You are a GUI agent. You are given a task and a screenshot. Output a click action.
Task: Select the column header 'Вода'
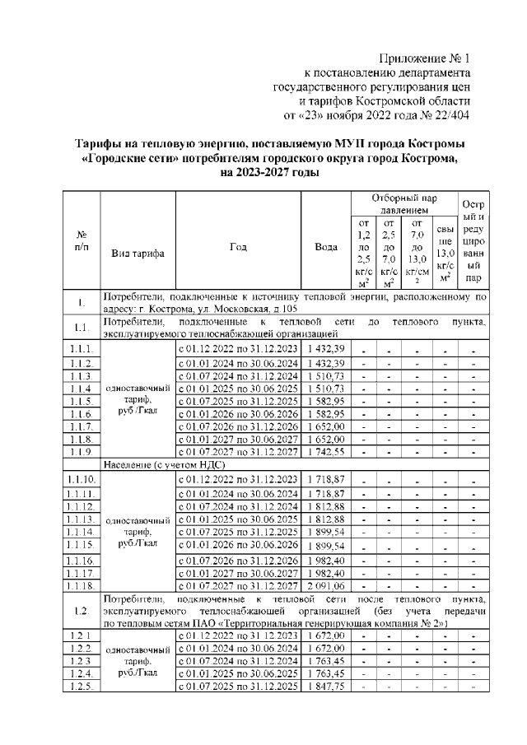coord(325,246)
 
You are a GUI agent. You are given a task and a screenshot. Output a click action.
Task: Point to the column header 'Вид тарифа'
coord(138,254)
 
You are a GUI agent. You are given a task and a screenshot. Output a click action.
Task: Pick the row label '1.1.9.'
coord(82,452)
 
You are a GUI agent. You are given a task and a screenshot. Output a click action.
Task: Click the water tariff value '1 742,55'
coord(325,452)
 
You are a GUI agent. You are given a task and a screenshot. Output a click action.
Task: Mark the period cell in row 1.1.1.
coord(238,349)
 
